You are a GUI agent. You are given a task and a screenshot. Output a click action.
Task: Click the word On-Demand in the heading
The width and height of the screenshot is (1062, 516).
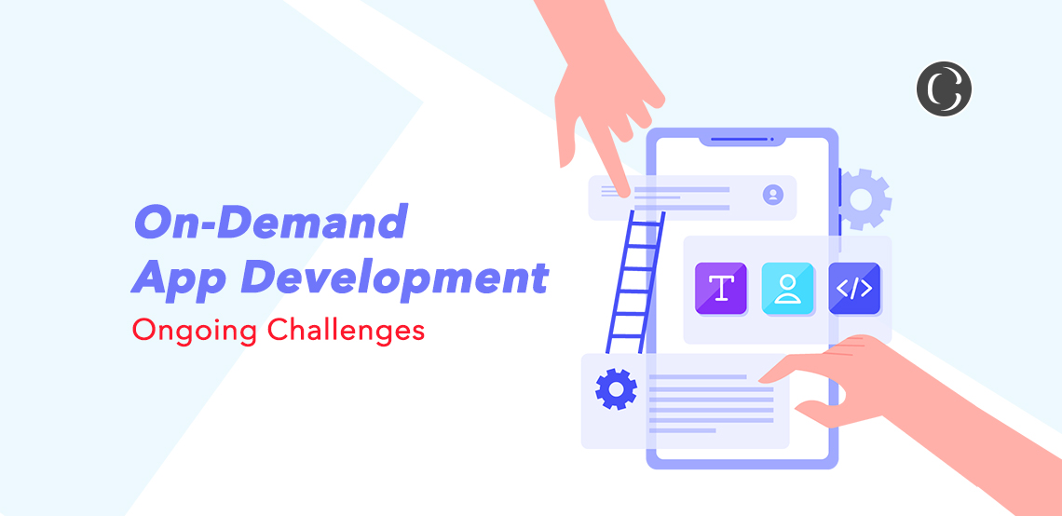click(270, 222)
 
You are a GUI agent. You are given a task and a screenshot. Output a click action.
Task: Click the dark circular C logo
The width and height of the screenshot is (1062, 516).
click(944, 88)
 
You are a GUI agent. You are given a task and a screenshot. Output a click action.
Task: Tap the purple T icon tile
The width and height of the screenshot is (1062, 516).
click(721, 289)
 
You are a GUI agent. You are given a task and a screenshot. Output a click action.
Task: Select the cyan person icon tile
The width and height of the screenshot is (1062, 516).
click(787, 289)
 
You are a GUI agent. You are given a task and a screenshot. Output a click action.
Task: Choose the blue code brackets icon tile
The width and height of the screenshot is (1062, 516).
click(854, 289)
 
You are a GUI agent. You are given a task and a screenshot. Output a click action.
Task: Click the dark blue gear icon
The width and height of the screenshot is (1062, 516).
click(616, 388)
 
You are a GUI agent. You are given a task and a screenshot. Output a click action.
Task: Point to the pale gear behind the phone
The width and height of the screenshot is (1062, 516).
click(864, 199)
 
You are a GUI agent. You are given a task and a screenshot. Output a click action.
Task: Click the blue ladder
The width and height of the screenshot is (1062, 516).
click(635, 282)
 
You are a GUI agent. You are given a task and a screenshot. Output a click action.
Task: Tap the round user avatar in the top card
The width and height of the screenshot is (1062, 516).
click(773, 195)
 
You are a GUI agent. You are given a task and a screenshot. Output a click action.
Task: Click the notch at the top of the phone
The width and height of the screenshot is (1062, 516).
click(742, 141)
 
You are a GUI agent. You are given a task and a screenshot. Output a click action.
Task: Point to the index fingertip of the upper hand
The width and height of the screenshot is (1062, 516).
click(624, 193)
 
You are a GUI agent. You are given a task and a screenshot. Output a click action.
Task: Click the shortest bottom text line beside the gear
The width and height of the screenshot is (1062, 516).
click(682, 430)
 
